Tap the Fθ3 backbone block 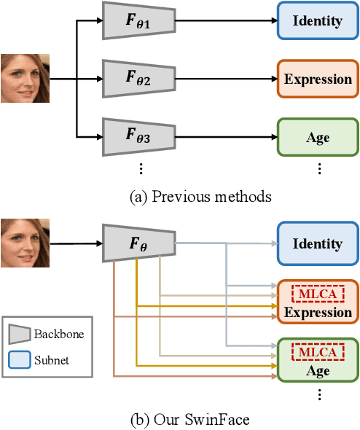(138, 136)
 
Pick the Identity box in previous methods (317, 20)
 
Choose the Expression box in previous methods (317, 79)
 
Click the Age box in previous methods (317, 137)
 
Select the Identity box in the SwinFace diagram (317, 244)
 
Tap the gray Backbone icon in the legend (20, 335)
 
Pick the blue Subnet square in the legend (20, 359)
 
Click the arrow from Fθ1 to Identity (226, 20)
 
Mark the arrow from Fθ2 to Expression (226, 79)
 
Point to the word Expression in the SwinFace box (317, 312)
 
